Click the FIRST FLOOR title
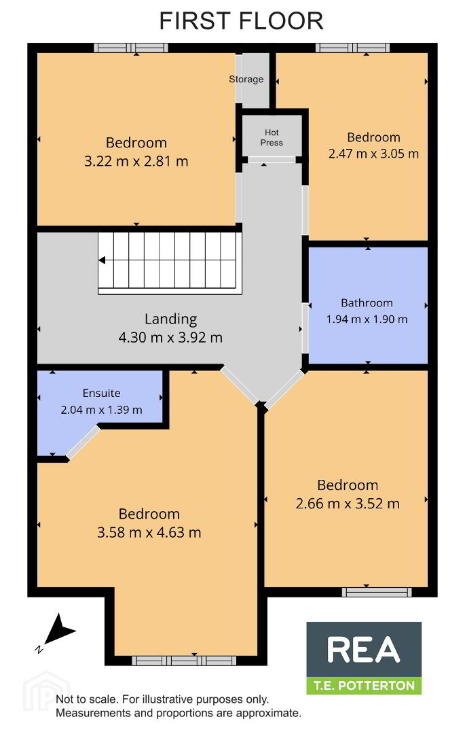pos(241,21)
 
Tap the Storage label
pos(246,80)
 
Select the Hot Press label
pos(272,137)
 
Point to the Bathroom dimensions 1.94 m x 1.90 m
pos(367,319)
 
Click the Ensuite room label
pos(101,394)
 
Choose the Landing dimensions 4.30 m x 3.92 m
pos(170,338)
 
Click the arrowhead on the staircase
pos(102,260)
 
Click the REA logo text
pos(364,650)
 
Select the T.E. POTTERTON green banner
pos(364,685)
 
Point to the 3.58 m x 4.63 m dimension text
pos(149,533)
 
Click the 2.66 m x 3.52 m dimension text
pos(348,504)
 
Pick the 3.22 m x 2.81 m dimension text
pos(136,162)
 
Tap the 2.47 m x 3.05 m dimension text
pos(373,154)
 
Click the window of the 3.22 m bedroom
pos(131,48)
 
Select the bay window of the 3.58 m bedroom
pos(183,661)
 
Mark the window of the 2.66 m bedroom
pos(377,592)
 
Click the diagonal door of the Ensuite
pos(83,442)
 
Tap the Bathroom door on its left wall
pos(305,328)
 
